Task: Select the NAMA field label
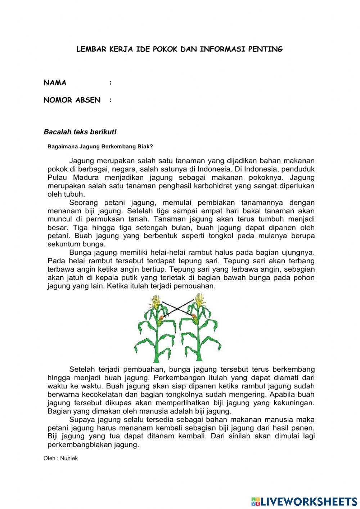[55, 83]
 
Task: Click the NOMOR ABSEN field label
[72, 100]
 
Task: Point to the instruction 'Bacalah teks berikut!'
[80, 132]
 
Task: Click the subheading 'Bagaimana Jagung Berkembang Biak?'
[100, 147]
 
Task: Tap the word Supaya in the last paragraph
[81, 419]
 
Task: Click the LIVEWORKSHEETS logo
[304, 501]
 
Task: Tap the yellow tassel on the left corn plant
[156, 301]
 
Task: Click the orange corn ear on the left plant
[161, 318]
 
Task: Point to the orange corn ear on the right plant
[194, 318]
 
